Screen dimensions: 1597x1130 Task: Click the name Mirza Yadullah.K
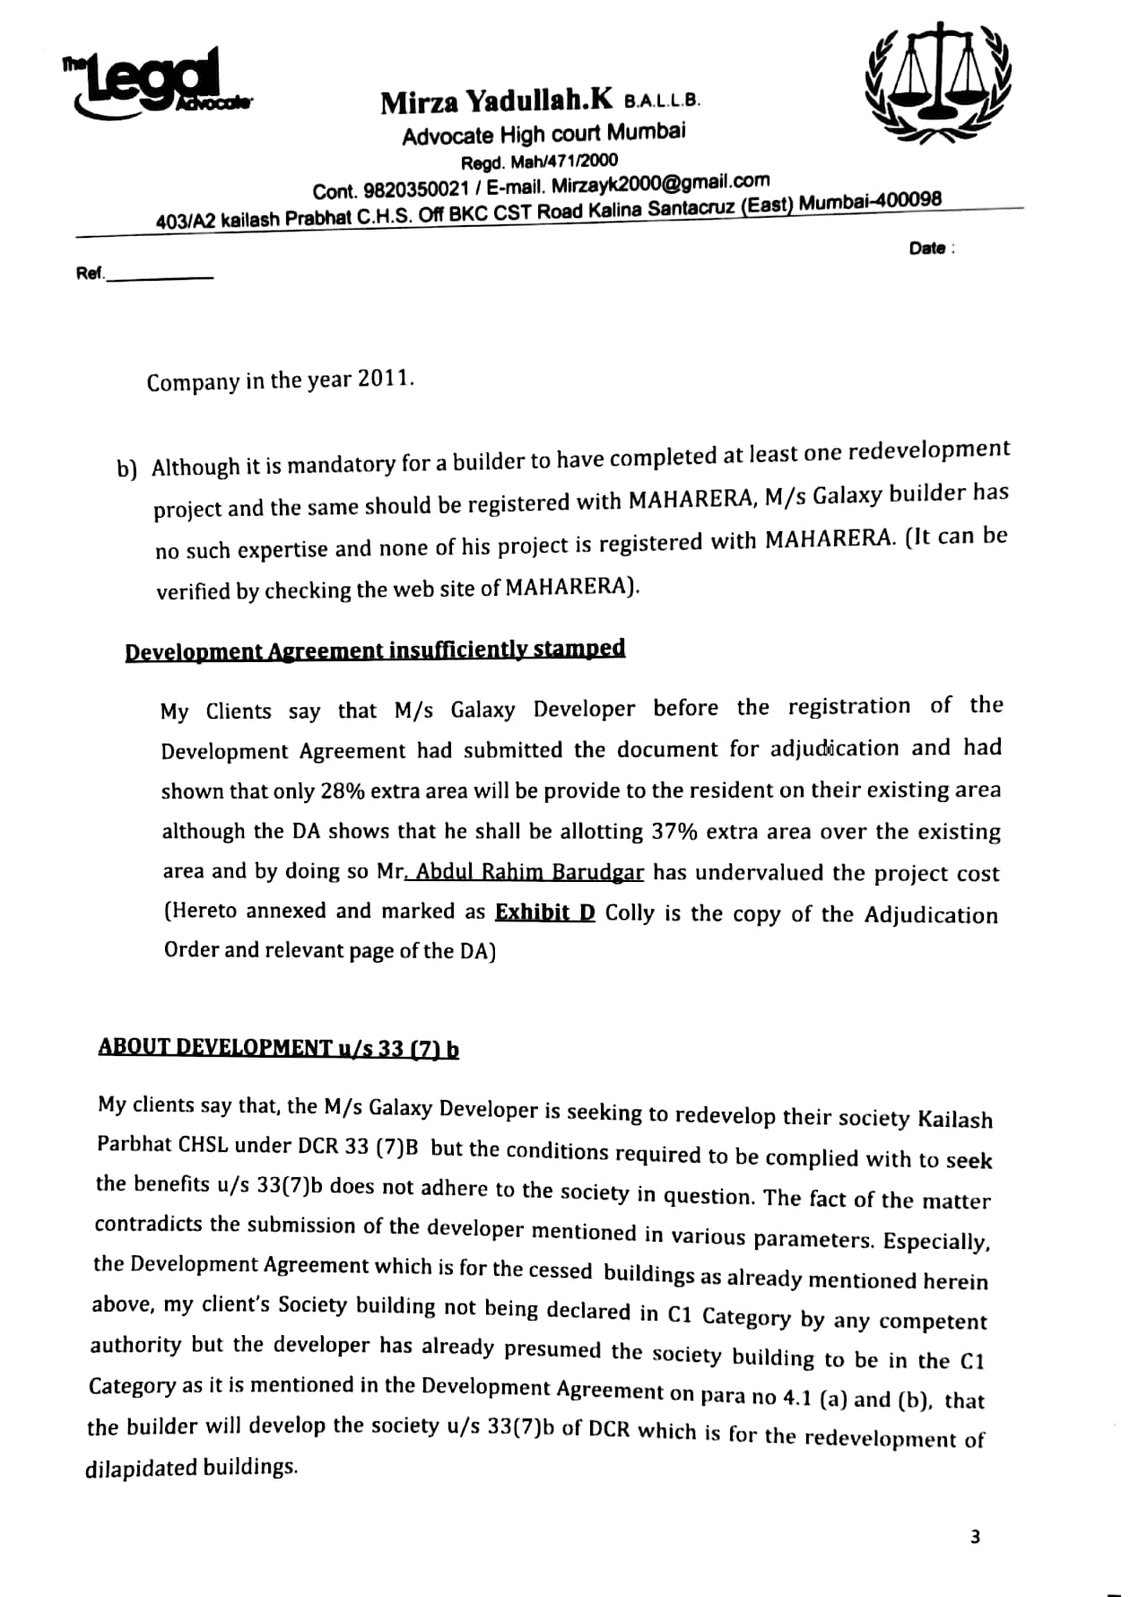pos(497,100)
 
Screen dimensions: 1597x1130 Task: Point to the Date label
pos(927,249)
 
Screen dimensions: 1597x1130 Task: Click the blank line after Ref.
pos(160,277)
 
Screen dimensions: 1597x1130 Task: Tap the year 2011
pos(386,379)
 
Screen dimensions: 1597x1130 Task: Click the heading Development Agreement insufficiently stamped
pos(375,650)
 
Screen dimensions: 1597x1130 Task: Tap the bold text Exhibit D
pos(544,912)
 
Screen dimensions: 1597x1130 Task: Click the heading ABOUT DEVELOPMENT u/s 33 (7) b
pos(279,1047)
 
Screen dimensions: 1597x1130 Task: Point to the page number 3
pos(975,1537)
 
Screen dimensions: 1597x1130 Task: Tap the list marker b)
pos(126,469)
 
